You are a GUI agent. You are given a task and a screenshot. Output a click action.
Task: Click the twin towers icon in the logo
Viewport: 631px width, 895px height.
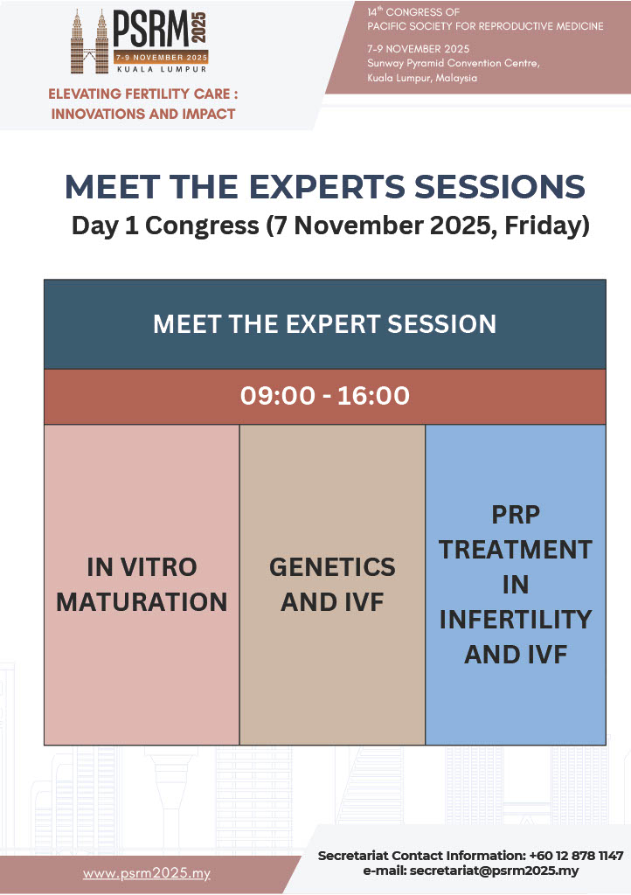point(89,42)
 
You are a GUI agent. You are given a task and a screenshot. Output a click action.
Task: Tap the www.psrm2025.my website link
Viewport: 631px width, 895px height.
point(147,873)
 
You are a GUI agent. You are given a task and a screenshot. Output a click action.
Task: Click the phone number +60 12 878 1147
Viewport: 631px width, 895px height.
point(576,856)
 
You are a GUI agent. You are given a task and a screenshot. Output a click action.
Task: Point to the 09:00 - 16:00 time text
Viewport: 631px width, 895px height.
point(324,396)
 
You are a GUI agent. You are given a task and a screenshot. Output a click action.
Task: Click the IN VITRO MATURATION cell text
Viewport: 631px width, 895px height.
point(142,585)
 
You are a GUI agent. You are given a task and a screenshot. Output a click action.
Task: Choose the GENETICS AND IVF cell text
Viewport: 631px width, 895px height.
point(332,585)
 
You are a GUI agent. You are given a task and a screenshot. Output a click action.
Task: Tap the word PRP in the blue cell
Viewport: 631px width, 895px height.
point(515,515)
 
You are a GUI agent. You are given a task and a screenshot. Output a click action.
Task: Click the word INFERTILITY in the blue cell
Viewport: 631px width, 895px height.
point(515,620)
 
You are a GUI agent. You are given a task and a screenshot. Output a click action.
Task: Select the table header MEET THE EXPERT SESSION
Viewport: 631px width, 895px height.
point(324,324)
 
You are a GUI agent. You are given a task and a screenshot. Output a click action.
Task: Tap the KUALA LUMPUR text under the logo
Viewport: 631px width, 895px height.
point(162,69)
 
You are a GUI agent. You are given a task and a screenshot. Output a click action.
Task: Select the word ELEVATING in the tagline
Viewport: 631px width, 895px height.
point(85,94)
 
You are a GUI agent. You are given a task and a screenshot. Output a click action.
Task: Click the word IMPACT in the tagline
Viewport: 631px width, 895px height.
point(208,114)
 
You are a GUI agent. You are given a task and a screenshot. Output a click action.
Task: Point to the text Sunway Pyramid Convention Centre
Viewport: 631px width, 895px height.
point(453,63)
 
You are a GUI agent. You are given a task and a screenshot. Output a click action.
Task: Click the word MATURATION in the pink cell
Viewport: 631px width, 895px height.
point(142,602)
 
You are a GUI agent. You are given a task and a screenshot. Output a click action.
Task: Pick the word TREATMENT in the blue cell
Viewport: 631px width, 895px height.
point(515,550)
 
